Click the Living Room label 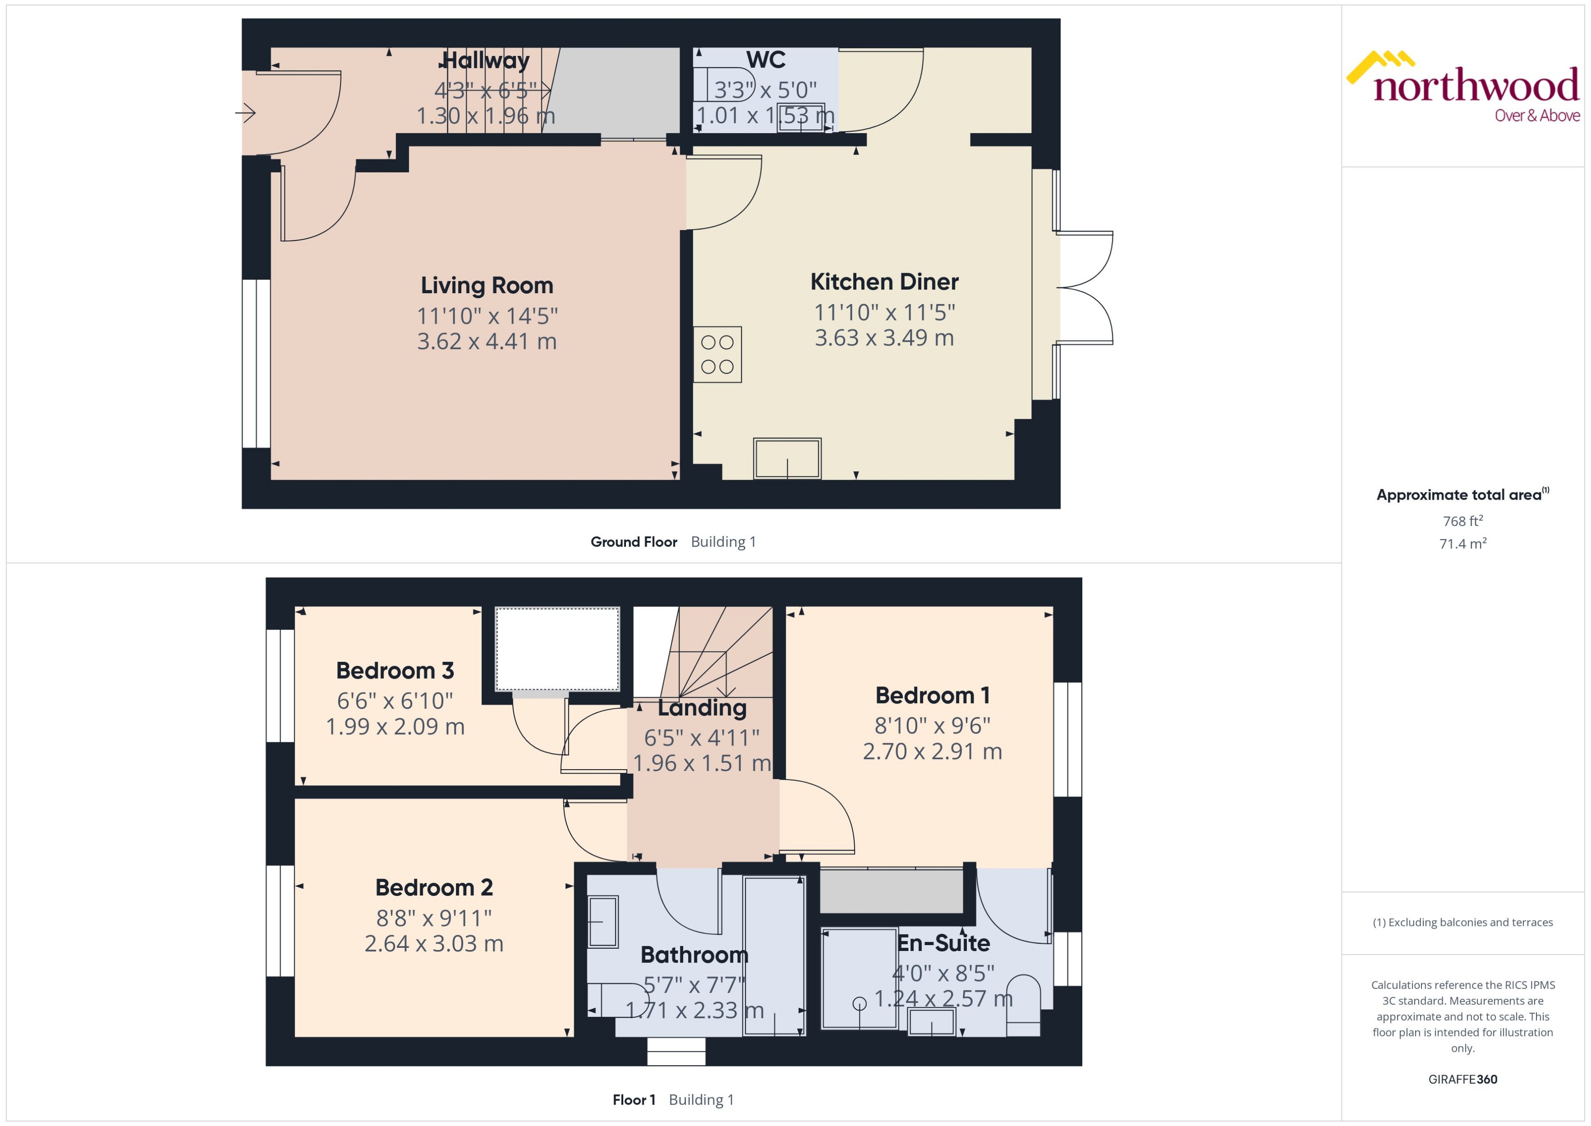(487, 285)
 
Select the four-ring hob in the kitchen (717, 354)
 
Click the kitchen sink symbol (787, 458)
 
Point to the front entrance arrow (245, 112)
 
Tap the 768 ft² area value (1463, 520)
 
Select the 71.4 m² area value (1463, 544)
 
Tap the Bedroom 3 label (395, 671)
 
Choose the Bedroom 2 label (434, 887)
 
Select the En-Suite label (944, 943)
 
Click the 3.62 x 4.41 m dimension (487, 341)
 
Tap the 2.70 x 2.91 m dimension (932, 751)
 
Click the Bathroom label (694, 955)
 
